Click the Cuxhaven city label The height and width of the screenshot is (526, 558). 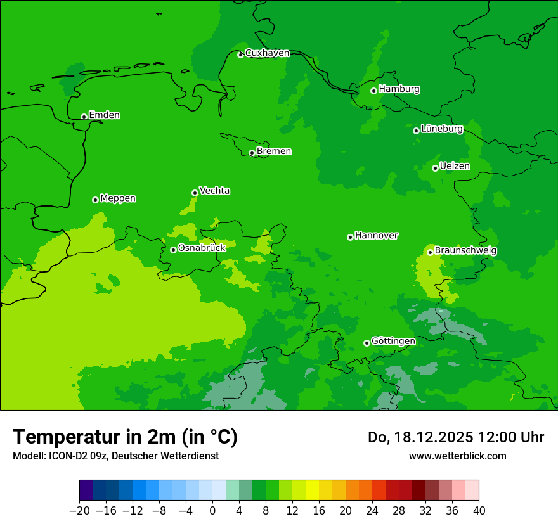pyautogui.click(x=267, y=53)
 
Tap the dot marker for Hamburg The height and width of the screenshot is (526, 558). pyautogui.click(x=374, y=91)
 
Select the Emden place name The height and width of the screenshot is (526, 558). pyautogui.click(x=104, y=115)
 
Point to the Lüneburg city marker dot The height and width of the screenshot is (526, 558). pyautogui.click(x=416, y=131)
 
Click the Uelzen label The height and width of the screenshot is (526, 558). pyautogui.click(x=455, y=167)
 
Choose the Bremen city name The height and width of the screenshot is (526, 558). pyautogui.click(x=274, y=151)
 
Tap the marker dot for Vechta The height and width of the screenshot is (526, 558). pyautogui.click(x=195, y=193)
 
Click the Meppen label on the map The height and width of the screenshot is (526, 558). pyautogui.click(x=118, y=198)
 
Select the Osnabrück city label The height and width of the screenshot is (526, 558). pyautogui.click(x=202, y=248)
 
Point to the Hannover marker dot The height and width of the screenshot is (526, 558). pyautogui.click(x=350, y=237)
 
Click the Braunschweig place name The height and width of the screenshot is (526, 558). pyautogui.click(x=465, y=251)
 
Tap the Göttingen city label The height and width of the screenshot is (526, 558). pyautogui.click(x=393, y=342)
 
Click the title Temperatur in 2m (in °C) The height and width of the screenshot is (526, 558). pyautogui.click(x=125, y=437)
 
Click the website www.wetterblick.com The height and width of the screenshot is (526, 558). pyautogui.click(x=457, y=456)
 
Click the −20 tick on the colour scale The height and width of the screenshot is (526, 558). pyautogui.click(x=79, y=511)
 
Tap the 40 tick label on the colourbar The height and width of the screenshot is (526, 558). pyautogui.click(x=479, y=511)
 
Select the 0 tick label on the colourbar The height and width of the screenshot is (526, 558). pyautogui.click(x=212, y=511)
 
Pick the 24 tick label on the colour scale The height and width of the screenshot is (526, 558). pyautogui.click(x=372, y=511)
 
